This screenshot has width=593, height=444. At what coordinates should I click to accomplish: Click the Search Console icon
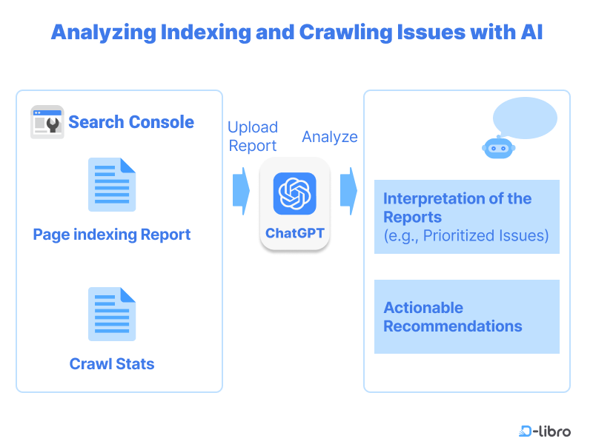(47, 122)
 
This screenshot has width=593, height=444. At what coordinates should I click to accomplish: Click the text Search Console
(131, 122)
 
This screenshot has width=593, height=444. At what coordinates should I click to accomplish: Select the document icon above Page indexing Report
(112, 184)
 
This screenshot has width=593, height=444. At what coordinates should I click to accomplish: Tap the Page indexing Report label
(112, 235)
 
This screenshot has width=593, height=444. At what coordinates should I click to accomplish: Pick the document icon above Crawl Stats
(112, 314)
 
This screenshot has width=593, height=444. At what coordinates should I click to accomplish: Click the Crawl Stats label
(112, 364)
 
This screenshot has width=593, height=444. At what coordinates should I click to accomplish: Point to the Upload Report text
(253, 136)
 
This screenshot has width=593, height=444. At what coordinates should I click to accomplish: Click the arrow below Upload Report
(241, 191)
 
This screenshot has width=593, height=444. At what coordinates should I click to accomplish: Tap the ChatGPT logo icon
(294, 194)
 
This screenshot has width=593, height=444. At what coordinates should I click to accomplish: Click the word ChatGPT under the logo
(294, 233)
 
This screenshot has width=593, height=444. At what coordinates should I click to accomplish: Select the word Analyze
(330, 137)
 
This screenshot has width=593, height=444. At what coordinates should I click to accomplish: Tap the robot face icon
(499, 148)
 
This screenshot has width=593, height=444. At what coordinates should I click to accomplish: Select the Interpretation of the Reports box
(466, 216)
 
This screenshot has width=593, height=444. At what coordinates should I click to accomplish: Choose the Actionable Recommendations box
(466, 317)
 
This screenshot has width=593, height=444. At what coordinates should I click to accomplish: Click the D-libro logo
(545, 431)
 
